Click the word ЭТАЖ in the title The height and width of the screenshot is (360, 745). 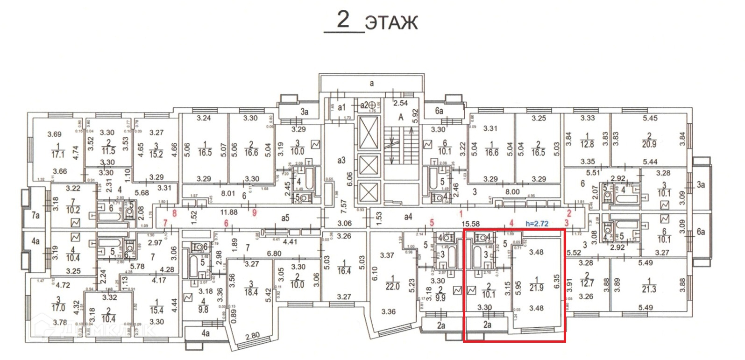391,22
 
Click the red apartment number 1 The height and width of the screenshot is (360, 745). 461,213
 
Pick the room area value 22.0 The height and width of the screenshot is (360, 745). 392,287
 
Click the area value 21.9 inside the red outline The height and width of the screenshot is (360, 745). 537,288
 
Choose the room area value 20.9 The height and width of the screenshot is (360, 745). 649,144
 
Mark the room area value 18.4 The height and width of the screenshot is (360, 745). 251,292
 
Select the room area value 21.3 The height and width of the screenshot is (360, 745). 649,289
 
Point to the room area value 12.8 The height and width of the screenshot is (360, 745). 587,144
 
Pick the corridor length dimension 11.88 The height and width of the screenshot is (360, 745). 229,212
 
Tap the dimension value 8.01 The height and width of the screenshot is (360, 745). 228,193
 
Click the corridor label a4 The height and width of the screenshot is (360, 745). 408,217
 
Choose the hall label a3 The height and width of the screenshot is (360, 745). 341,160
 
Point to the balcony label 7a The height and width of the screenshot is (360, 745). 35,215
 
